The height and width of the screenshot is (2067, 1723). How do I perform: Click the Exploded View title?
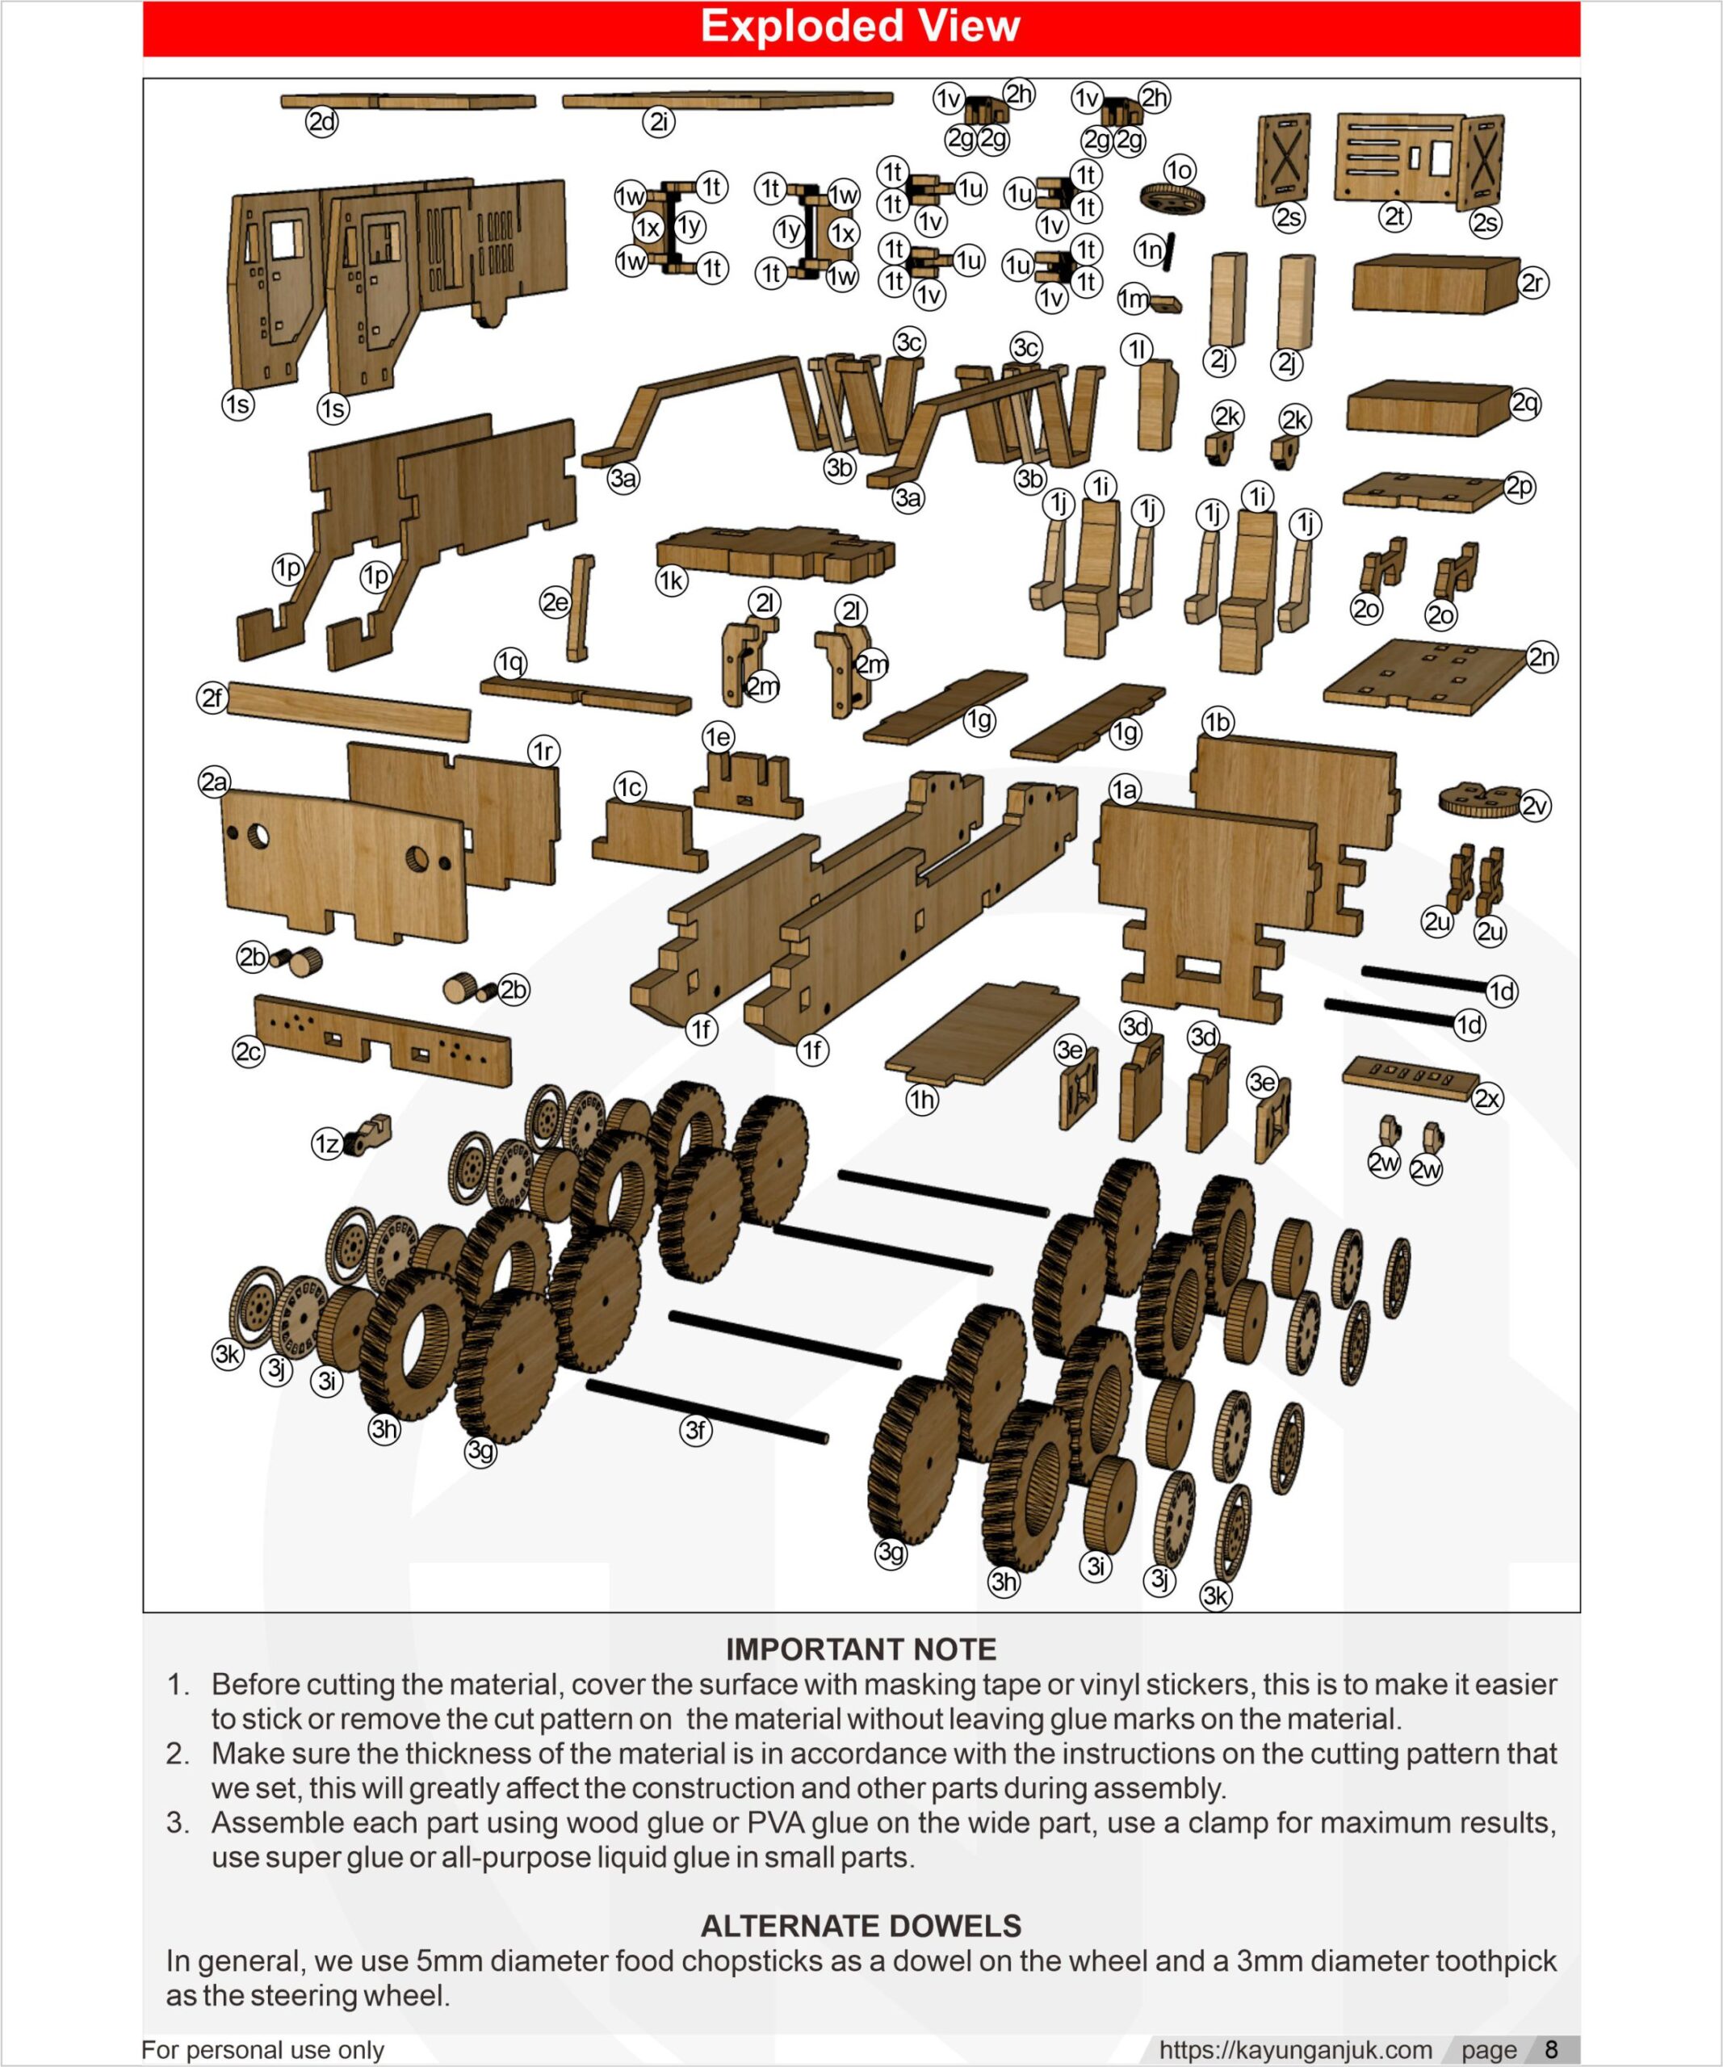point(860,27)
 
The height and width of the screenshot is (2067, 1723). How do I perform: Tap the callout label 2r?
point(1533,283)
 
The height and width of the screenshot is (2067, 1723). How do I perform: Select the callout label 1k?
point(671,581)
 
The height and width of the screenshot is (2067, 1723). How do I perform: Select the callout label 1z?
point(327,1144)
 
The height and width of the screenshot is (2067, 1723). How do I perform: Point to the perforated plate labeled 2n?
point(1427,678)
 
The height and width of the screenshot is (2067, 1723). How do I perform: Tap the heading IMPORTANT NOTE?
point(860,1649)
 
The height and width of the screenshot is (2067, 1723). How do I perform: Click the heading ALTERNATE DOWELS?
point(860,1925)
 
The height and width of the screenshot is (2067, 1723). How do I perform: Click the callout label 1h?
point(921,1100)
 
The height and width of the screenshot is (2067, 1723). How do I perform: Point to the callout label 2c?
point(248,1052)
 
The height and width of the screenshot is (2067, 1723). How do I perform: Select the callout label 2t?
point(1394,216)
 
